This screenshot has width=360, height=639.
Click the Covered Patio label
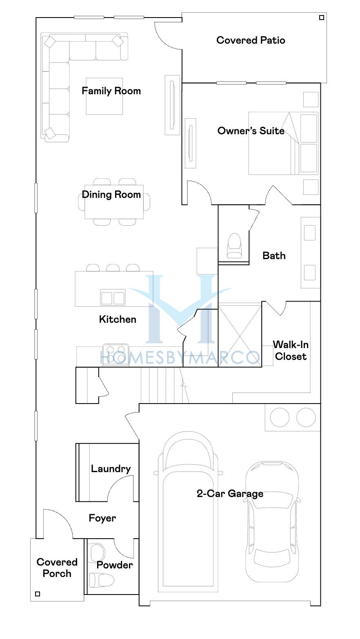coord(251,40)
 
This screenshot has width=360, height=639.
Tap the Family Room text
coord(111,91)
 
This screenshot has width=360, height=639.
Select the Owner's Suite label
coord(251,131)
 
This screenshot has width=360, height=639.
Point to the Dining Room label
coord(111,195)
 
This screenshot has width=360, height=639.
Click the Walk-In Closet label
coord(291,351)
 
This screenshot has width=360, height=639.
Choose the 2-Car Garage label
coord(230,494)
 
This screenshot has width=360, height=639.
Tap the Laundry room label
coord(111,469)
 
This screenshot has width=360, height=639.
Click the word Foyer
coord(102,518)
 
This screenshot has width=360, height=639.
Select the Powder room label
coord(115,565)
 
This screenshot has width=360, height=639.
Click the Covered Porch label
coord(57,568)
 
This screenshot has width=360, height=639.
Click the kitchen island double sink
coord(113,297)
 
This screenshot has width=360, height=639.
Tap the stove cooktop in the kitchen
coord(116,355)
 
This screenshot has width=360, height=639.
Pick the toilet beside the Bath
coord(234,246)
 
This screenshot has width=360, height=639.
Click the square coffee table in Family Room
coord(104,96)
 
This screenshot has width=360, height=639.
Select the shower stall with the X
coord(240,335)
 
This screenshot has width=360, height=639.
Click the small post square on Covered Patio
coord(322,18)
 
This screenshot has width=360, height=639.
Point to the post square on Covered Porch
coord(38,594)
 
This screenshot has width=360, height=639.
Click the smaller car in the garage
coord(272,522)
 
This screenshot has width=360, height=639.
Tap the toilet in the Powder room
coord(101,580)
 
